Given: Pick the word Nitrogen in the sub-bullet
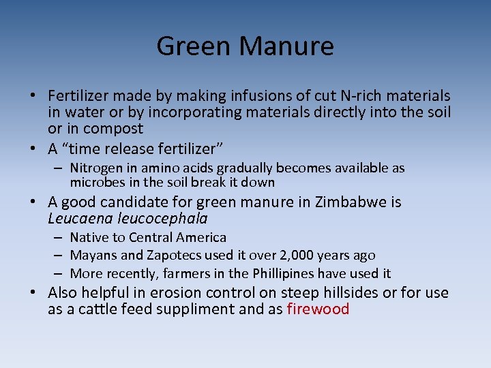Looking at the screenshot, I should click(94, 168).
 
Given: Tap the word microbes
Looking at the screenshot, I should click(94, 182).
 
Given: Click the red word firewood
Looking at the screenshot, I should click(318, 309).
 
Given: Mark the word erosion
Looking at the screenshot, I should click(190, 293).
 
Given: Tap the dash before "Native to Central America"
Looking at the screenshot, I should click(59, 237).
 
